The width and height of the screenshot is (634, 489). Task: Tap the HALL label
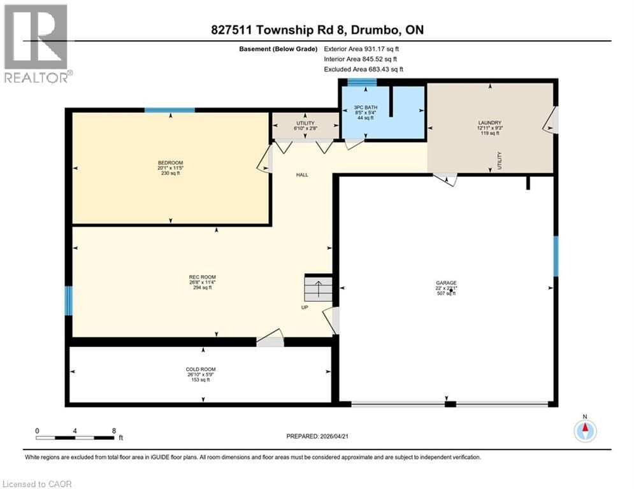(x=302, y=174)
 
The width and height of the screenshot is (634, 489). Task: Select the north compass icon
(x=584, y=431)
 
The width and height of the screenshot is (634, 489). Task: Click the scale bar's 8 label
(x=113, y=430)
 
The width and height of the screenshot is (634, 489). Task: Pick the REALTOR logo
(x=36, y=43)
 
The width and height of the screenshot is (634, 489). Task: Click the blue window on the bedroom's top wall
(x=169, y=110)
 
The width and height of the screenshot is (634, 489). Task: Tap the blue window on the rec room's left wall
(x=69, y=301)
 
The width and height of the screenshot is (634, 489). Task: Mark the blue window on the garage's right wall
(x=556, y=256)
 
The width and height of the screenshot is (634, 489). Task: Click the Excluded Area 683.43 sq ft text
(x=363, y=69)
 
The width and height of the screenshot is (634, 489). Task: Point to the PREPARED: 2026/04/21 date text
(x=317, y=436)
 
